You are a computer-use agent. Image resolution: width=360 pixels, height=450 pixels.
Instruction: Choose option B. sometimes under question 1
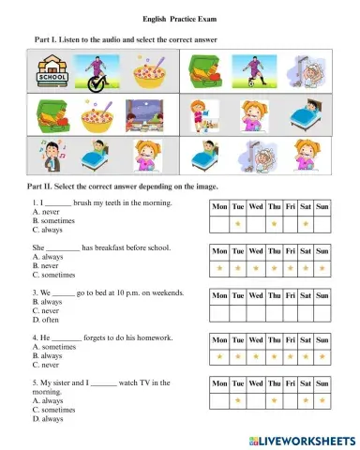pos(54,220)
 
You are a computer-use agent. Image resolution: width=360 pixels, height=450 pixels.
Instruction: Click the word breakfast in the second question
pos(111,247)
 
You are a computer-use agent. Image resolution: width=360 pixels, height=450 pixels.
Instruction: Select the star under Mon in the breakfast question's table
pos(219,268)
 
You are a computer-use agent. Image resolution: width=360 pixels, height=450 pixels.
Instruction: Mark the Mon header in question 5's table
pos(219,383)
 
